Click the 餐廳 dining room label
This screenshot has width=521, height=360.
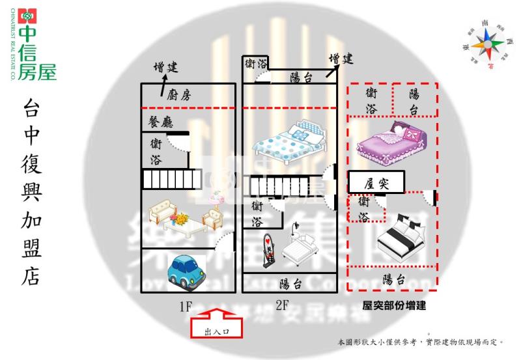[x=160, y=121]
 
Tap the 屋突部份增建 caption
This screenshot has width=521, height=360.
[x=394, y=305]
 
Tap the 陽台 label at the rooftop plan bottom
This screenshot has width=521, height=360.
[x=392, y=280]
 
